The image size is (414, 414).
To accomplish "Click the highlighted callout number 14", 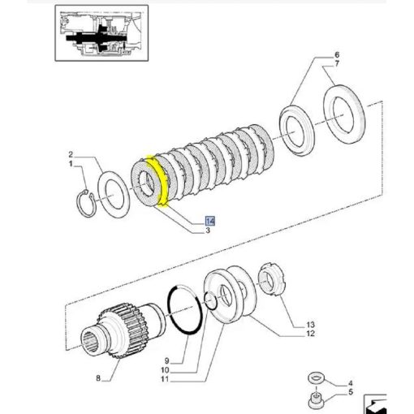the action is click(x=210, y=221).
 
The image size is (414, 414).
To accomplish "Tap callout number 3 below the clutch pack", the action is click(x=208, y=231).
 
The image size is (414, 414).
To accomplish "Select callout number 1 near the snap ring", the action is click(x=71, y=164).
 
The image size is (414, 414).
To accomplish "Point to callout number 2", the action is click(x=71, y=154).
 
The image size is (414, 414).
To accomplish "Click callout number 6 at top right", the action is click(x=337, y=55).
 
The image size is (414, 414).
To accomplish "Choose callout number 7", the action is click(x=337, y=64).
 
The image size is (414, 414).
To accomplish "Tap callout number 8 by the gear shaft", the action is click(x=98, y=378).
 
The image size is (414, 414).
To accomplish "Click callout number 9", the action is click(x=166, y=360).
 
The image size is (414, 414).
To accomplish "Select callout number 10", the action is click(x=165, y=370).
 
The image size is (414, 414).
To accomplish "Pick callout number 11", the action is click(x=165, y=379).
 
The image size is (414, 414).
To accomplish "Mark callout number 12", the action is click(x=311, y=334).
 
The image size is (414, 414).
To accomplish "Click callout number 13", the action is click(x=311, y=325).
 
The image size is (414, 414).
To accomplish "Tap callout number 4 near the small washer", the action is click(x=351, y=383).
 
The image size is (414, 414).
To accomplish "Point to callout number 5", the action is click(x=351, y=392).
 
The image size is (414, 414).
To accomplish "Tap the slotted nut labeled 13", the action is click(x=272, y=280).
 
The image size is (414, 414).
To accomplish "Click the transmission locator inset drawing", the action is click(x=101, y=33).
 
